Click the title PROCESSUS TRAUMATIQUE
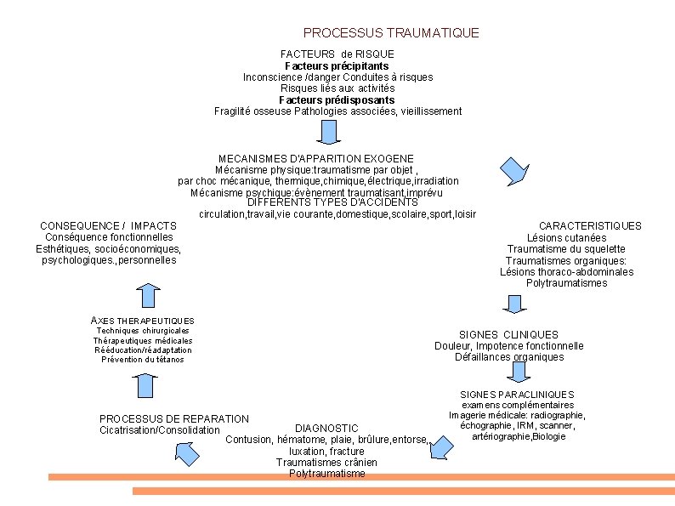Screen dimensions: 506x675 (x=391, y=33)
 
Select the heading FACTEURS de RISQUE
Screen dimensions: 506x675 (x=337, y=54)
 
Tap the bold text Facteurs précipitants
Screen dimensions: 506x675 (x=337, y=65)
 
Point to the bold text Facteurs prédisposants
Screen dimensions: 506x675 (x=337, y=99)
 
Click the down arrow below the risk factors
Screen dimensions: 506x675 (x=330, y=133)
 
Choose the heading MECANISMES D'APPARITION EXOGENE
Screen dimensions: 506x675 (x=316, y=158)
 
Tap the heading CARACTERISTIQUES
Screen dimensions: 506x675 (x=590, y=225)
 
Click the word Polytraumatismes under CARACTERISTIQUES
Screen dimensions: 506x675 (x=566, y=283)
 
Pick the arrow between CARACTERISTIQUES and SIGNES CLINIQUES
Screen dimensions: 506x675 (x=513, y=304)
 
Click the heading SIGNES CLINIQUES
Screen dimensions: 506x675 (x=508, y=335)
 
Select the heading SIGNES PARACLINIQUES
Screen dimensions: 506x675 (x=517, y=395)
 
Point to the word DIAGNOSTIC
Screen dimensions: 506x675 (x=326, y=427)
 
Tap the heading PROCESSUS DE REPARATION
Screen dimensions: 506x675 (x=174, y=418)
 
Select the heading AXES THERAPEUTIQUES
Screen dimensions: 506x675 (x=142, y=320)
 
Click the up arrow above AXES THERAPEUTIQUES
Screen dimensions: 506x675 (x=148, y=294)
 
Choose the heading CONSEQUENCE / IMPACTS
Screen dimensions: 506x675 (x=108, y=225)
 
